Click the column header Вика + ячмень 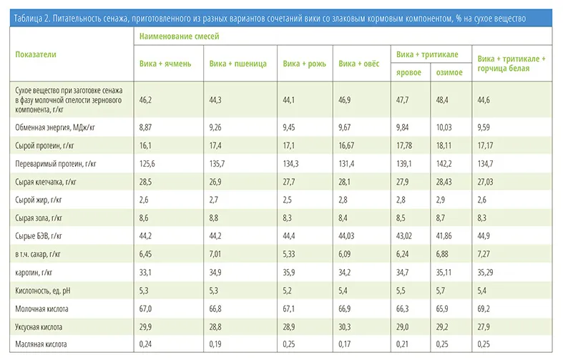(165, 64)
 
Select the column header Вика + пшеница (238, 64)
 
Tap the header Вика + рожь (304, 64)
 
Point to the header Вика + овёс (358, 64)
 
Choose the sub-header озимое (449, 72)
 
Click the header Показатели (36, 54)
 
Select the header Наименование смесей (179, 35)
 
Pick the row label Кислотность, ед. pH (44, 290)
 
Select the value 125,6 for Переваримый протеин (149, 163)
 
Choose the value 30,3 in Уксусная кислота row (346, 326)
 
